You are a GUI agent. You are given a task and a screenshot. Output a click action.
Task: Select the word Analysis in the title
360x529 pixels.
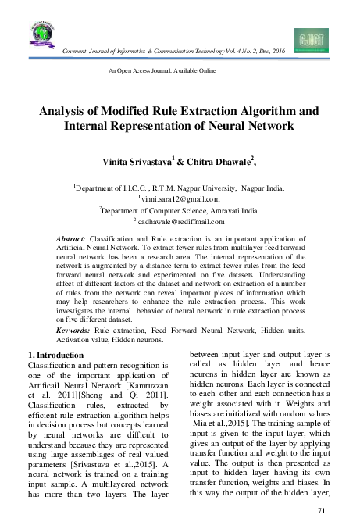pos(65,109)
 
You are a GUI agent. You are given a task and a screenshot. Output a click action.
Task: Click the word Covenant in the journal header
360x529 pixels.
pos(75,50)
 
